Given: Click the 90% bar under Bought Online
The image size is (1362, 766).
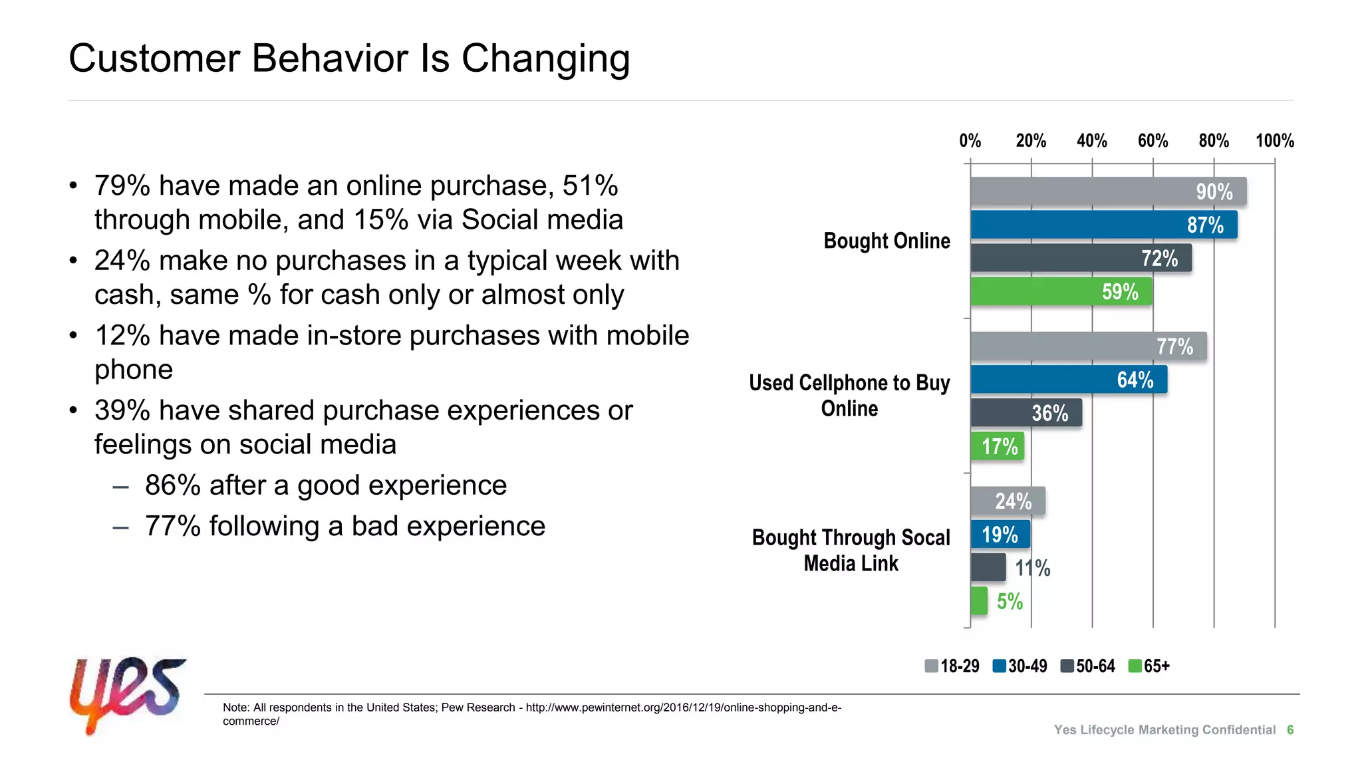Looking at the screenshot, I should point(1107,191).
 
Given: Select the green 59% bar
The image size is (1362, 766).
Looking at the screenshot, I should point(1061,291).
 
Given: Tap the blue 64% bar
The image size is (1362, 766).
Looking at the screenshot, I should point(1068,379).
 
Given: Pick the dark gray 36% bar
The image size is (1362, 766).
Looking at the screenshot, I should point(1025,412).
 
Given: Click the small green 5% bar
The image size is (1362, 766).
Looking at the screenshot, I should point(978,601).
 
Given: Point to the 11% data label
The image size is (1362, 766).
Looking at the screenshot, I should point(1032,568).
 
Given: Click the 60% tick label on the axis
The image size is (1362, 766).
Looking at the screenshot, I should point(1153,141).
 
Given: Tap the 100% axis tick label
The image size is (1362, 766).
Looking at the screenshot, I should point(1274,141).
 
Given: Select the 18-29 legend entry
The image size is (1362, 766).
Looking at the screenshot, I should point(952,666).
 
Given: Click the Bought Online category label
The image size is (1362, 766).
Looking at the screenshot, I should point(886,241).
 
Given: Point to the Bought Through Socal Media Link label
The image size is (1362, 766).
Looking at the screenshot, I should point(851,550).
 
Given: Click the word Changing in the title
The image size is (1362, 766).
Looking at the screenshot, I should point(545,59).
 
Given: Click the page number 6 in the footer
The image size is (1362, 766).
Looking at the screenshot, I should point(1290,729).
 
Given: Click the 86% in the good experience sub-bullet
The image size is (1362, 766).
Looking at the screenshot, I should point(172,485).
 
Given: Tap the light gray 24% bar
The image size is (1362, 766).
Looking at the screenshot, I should point(1007,501).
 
